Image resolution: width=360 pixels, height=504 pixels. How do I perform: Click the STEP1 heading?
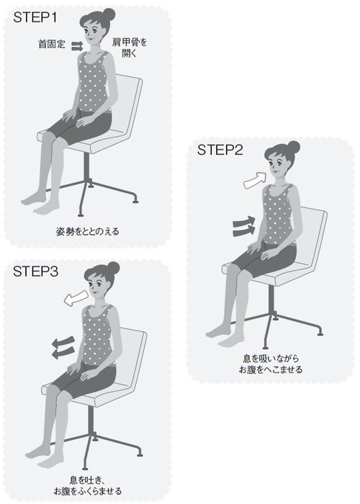coord(35,17)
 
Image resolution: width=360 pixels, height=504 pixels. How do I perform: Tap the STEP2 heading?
coord(220,150)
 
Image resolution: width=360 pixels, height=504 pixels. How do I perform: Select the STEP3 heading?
coord(36,271)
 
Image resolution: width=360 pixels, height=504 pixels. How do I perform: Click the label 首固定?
coord(52,44)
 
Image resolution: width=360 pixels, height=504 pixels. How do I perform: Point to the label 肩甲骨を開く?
coord(129,48)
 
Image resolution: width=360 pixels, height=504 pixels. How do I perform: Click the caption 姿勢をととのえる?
coord(87,231)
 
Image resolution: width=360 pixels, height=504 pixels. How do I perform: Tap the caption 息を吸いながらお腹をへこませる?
coord(270,364)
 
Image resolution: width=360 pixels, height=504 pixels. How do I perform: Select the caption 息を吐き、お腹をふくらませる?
coord(87,486)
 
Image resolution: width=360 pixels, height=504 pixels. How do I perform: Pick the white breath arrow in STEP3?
coord(76,298)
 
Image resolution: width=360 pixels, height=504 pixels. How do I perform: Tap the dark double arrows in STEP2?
coord(244,226)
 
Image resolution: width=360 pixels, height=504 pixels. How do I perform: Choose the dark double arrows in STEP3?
coord(63,348)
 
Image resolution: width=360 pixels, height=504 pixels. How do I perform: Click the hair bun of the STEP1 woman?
coord(109,14)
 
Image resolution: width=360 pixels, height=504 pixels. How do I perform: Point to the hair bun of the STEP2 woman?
coord(294,147)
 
